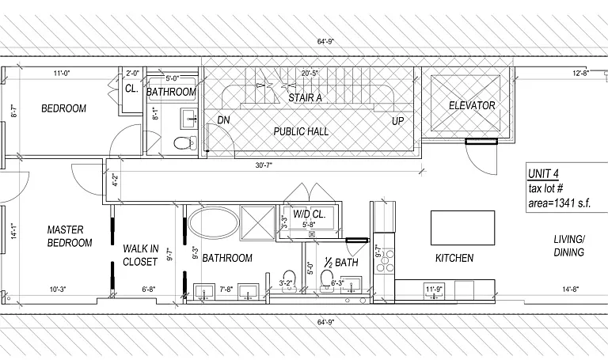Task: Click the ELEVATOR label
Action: (472, 105)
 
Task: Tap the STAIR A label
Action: (305, 98)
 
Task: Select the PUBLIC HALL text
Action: (301, 131)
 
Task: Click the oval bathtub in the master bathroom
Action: (213, 222)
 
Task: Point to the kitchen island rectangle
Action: (462, 228)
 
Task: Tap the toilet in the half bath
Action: (327, 280)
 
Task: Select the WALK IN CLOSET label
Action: (140, 255)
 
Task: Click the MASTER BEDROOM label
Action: (70, 236)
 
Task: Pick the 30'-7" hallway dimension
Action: (264, 165)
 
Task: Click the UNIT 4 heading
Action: (543, 173)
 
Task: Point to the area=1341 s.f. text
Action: (559, 203)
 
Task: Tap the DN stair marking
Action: (223, 120)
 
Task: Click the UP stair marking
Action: (397, 121)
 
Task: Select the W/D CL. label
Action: (309, 214)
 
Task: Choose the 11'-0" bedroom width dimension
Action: (62, 73)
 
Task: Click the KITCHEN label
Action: (454, 258)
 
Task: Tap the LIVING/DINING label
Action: (569, 246)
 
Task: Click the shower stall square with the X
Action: (258, 222)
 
